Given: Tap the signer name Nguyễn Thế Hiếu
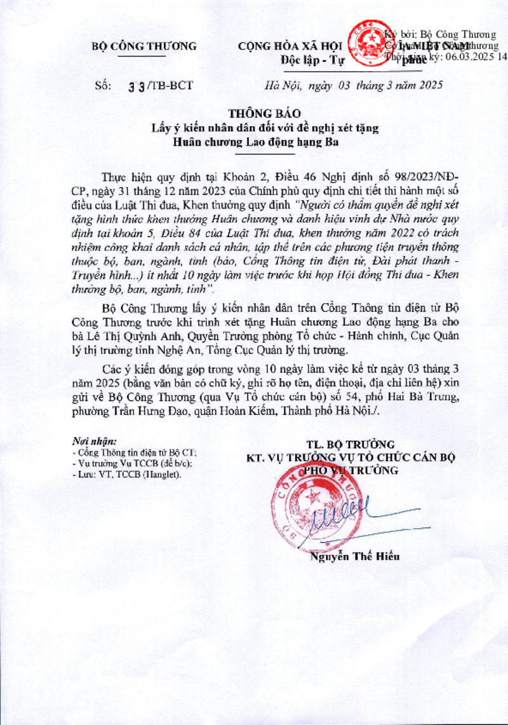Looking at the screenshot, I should [355, 557].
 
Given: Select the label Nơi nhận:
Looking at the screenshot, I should [95, 440].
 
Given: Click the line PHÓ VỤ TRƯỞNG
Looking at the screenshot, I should [351, 470].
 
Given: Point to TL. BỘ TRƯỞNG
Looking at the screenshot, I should [351, 444].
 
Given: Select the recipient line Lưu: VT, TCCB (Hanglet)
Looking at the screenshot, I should [126, 475].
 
